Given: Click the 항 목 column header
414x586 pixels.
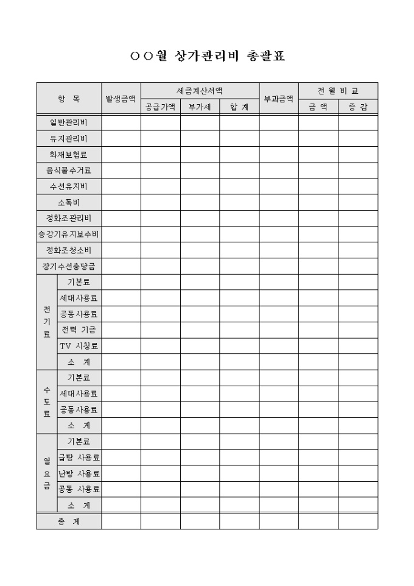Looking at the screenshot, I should pyautogui.click(x=69, y=99).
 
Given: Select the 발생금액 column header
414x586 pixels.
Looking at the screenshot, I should pyautogui.click(x=121, y=99).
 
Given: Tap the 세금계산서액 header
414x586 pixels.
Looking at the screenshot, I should pyautogui.click(x=200, y=91).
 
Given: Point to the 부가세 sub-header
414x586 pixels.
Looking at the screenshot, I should pyautogui.click(x=200, y=107).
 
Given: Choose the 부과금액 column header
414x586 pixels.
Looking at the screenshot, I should pyautogui.click(x=279, y=99).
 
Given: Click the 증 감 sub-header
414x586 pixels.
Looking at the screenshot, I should pyautogui.click(x=358, y=107).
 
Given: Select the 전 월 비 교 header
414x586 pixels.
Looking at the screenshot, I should pyautogui.click(x=338, y=91).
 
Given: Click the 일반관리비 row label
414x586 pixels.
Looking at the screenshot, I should pyautogui.click(x=69, y=122).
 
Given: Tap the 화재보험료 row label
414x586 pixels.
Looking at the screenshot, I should pyautogui.click(x=69, y=154).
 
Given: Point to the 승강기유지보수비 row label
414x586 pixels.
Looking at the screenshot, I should pyautogui.click(x=69, y=234).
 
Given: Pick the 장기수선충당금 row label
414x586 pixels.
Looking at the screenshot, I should pyautogui.click(x=69, y=266).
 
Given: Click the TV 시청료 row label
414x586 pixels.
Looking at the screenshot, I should pyautogui.click(x=79, y=346).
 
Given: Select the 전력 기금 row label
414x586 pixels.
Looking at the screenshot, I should pyautogui.click(x=79, y=330).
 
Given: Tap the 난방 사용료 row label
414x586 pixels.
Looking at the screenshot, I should pyautogui.click(x=79, y=473).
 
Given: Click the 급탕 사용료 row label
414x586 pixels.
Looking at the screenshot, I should pyautogui.click(x=79, y=457).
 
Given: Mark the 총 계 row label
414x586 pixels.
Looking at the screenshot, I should pyautogui.click(x=69, y=521).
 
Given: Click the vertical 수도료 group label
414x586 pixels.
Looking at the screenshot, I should pyautogui.click(x=47, y=401).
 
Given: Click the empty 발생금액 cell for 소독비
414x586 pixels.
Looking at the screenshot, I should pyautogui.click(x=121, y=202).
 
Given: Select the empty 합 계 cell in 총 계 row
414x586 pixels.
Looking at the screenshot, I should pyautogui.click(x=239, y=521).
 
